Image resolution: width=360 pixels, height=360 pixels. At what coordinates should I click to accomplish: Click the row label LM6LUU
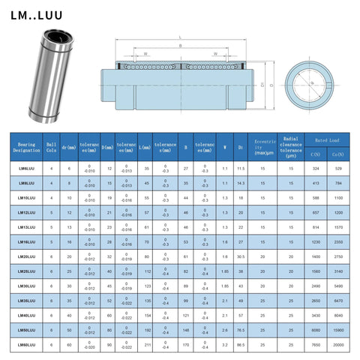click(26, 169)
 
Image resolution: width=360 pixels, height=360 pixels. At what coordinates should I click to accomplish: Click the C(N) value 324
click(316, 169)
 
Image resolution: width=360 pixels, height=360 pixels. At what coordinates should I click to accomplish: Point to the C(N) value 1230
click(316, 241)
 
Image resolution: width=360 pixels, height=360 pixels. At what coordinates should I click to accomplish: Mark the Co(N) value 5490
click(340, 286)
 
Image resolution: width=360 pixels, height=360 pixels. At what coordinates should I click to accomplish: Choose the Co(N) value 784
click(340, 182)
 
